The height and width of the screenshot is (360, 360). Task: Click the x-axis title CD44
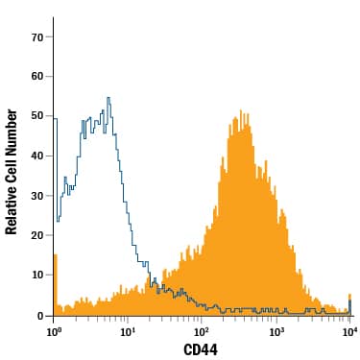202,350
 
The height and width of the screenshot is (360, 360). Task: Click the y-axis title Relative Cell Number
12,171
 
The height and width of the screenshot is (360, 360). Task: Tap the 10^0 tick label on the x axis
55,331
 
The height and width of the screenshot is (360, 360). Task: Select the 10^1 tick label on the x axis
128,331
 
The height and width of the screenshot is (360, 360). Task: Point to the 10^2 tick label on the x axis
203,331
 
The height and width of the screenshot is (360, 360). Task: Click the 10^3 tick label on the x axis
276,331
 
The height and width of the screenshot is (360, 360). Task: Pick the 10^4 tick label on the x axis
349,331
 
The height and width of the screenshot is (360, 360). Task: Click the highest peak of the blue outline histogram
108,98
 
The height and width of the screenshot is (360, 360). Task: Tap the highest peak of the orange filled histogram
240,110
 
